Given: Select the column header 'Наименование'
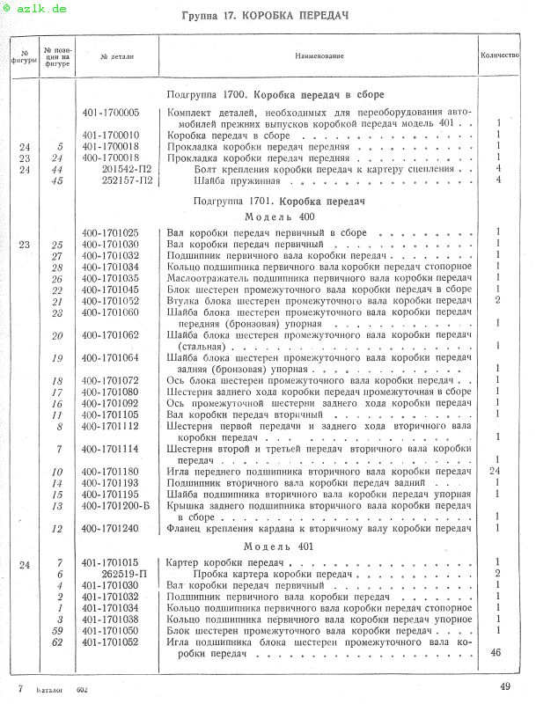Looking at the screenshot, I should [319, 55].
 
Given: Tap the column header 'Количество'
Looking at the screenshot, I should [499, 55].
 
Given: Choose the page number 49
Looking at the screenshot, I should [505, 686].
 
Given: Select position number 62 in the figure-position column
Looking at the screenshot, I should [59, 642].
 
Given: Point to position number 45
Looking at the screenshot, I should [59, 181].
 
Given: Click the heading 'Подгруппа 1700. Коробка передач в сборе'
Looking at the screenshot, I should [275, 94].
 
